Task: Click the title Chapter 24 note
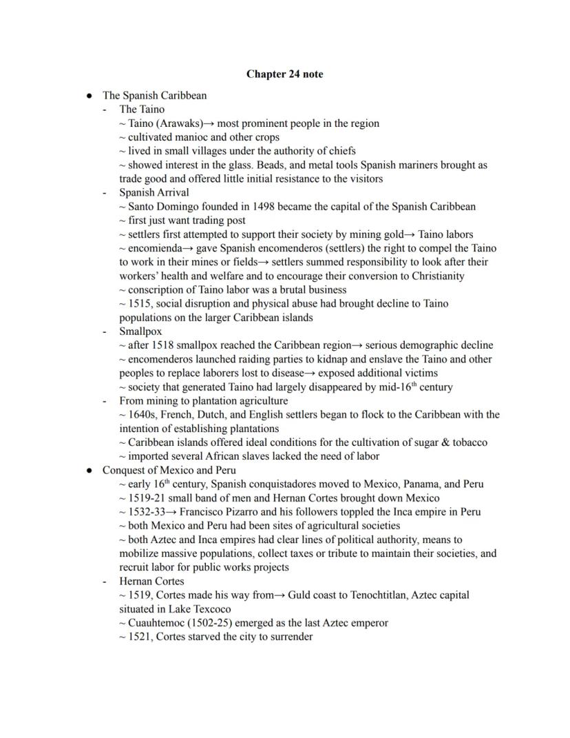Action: pos(284,74)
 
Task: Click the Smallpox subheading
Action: pos(140,331)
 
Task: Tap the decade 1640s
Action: pos(145,415)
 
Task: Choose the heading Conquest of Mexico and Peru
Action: pos(169,470)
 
